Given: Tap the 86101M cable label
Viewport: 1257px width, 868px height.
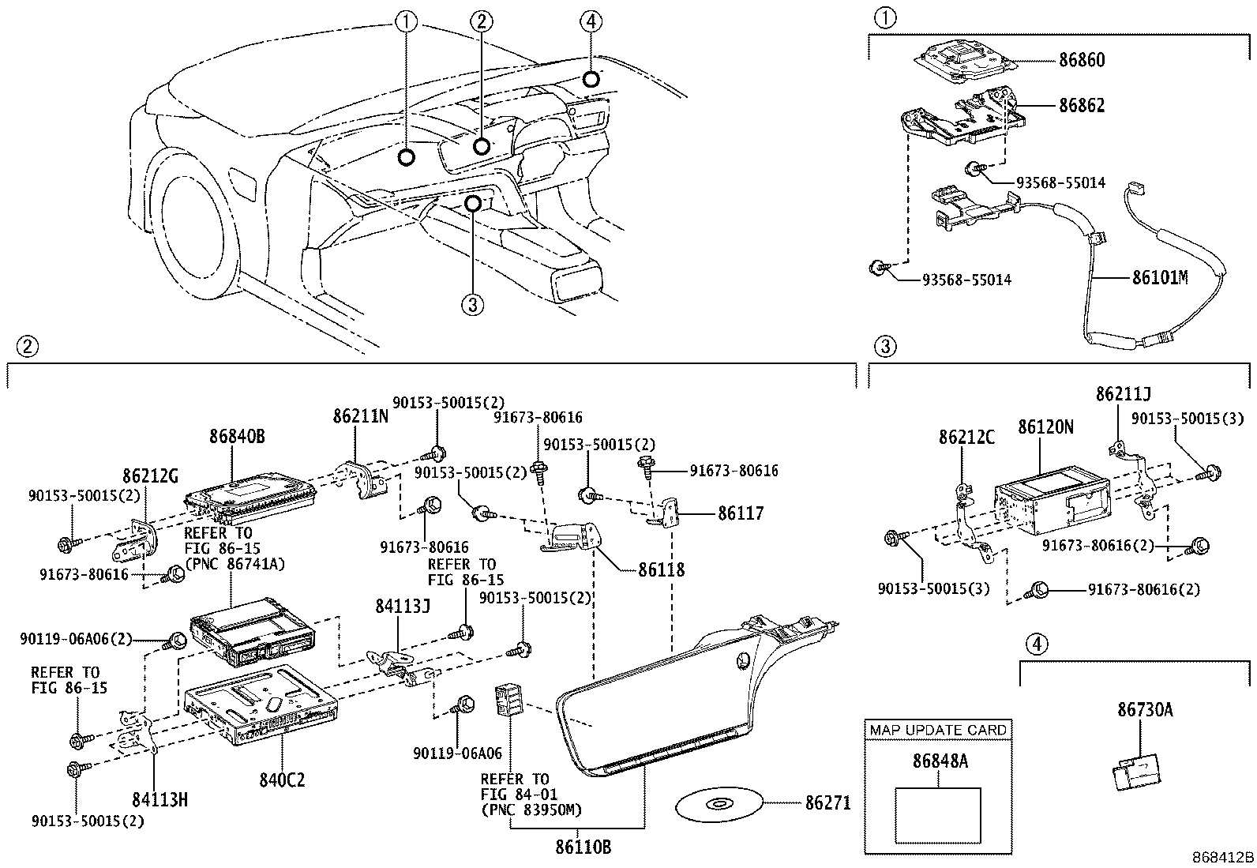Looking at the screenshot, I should (1160, 278).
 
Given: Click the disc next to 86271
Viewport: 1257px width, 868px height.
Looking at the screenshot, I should (719, 805).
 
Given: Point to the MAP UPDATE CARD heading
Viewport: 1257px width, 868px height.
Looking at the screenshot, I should (938, 730).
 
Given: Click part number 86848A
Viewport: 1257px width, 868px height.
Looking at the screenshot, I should (940, 761).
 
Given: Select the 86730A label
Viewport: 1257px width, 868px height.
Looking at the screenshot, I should (1145, 710).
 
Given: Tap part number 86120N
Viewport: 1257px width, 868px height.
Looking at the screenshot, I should (1045, 427).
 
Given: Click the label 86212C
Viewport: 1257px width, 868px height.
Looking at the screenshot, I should (966, 437).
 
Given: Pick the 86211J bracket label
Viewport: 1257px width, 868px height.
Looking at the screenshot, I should (1123, 393).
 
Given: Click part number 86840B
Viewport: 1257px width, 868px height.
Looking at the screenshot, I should (237, 436).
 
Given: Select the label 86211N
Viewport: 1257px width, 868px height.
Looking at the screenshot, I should (360, 415).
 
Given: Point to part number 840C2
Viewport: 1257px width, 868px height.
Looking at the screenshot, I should (281, 780).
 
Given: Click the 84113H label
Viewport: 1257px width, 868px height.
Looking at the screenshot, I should (159, 800).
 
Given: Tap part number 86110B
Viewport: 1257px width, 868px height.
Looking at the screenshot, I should (583, 848).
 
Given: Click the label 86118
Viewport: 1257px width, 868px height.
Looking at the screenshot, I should (661, 569).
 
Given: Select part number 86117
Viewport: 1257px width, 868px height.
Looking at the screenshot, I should (741, 513).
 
